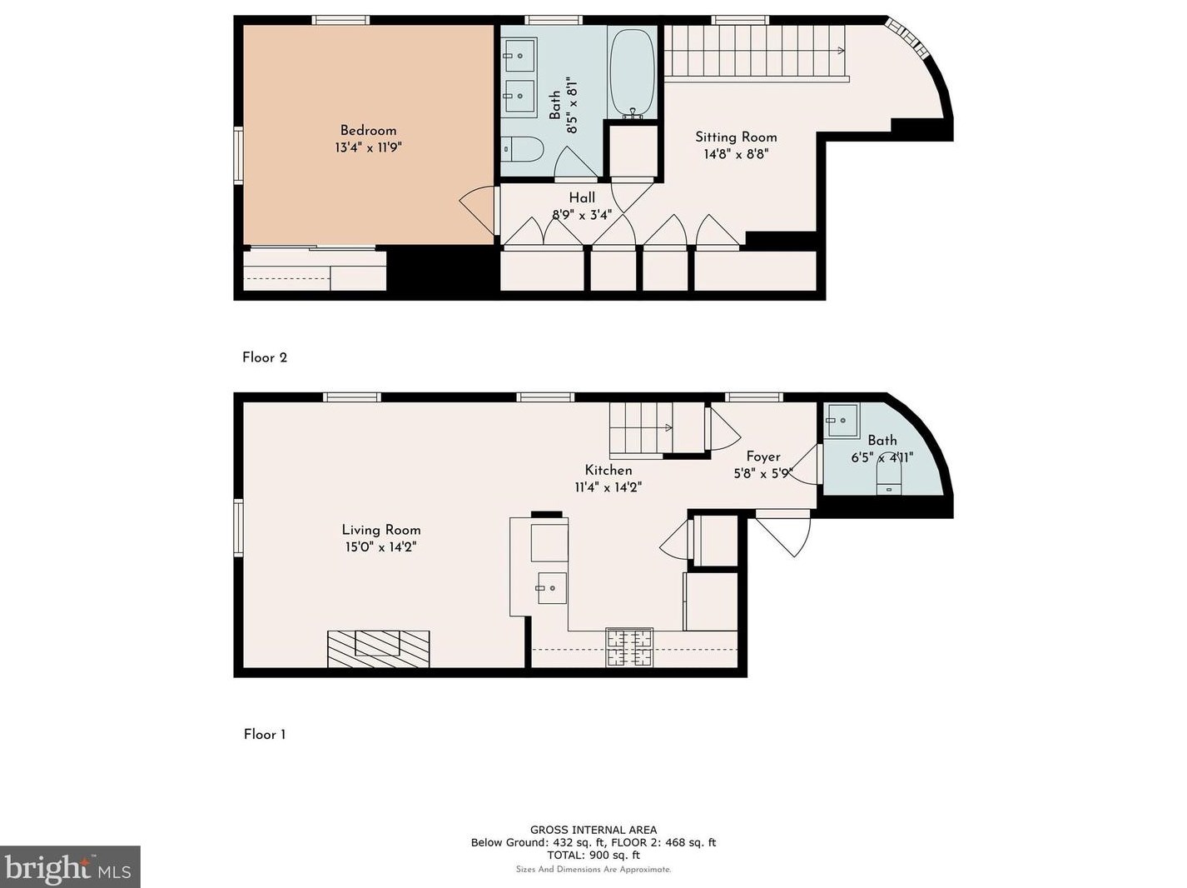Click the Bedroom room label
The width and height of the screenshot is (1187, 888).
coord(368,131)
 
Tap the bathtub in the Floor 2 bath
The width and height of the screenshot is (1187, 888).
coord(632,72)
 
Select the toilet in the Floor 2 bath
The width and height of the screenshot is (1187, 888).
coord(522,149)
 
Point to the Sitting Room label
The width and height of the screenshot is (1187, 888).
coord(736,137)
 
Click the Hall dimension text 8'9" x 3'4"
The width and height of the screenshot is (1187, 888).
coord(581,215)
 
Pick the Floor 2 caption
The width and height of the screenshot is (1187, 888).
coord(265,357)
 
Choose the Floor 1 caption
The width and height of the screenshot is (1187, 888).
coord(265,735)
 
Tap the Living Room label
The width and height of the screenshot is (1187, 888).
coord(380,530)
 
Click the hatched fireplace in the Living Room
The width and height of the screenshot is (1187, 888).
coord(379,648)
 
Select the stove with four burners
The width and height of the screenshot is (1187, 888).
coord(629,647)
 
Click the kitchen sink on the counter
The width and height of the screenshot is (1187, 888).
coord(551,587)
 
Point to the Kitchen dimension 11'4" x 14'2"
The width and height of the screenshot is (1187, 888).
coord(608,487)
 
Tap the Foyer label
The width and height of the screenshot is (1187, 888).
coord(763,456)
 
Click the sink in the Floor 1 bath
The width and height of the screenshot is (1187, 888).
coord(842,420)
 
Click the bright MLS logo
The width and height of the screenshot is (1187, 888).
coord(70,866)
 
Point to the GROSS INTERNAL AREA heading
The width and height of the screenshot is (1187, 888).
coord(593,830)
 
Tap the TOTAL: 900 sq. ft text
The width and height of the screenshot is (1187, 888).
coord(593,855)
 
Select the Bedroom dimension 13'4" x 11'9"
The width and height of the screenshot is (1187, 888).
coord(368,147)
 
